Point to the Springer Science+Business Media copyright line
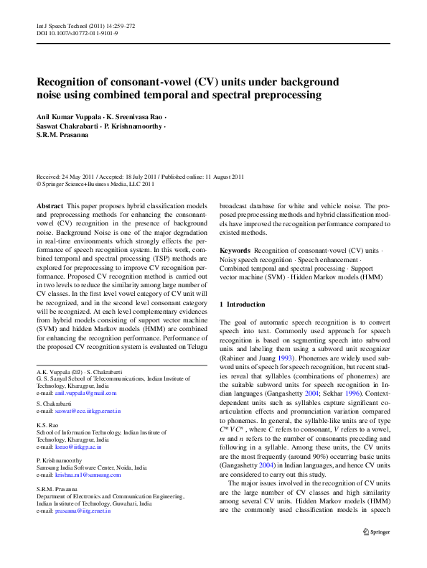(95, 184)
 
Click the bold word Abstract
(48, 205)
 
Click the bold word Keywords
(235, 251)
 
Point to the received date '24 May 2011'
(83, 177)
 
